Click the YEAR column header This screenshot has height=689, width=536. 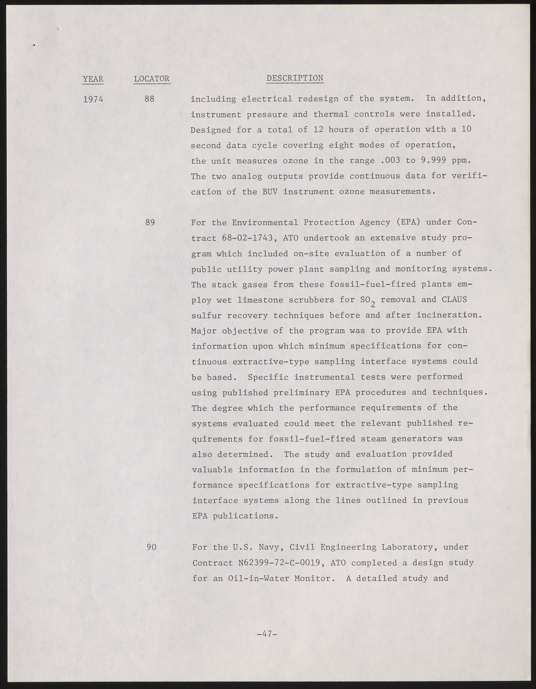[93, 79]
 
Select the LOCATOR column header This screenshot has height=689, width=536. [151, 79]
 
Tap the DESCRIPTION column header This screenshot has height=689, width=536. [295, 78]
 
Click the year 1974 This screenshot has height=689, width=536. [93, 99]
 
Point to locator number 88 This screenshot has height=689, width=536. [150, 99]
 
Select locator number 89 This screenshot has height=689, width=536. [150, 223]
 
